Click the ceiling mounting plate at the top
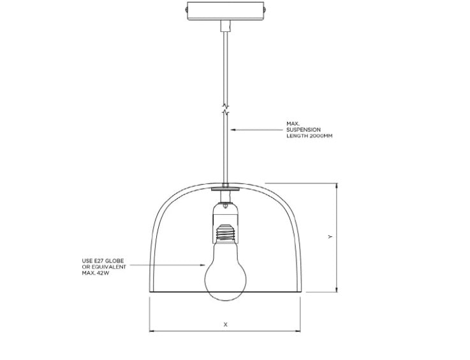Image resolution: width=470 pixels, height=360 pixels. click(x=226, y=11)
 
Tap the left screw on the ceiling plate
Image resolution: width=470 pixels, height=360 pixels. click(x=186, y=10)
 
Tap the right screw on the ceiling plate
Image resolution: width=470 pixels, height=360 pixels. click(x=265, y=10)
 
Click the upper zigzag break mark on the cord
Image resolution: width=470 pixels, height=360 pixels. click(x=225, y=106)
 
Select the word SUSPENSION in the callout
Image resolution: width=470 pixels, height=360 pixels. click(x=304, y=130)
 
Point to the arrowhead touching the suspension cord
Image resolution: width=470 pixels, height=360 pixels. click(x=233, y=130)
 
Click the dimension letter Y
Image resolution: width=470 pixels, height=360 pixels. click(x=330, y=236)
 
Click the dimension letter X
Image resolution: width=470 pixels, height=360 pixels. click(x=226, y=324)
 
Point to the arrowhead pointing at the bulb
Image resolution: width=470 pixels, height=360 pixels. click(x=203, y=265)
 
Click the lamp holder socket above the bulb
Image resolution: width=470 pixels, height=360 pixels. click(x=225, y=222)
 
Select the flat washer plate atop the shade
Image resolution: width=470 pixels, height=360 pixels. click(x=225, y=189)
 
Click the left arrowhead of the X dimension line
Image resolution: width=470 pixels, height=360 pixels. click(x=151, y=331)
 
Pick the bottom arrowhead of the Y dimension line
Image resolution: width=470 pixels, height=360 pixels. click(x=337, y=290)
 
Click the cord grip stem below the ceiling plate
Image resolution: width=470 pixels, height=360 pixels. click(x=225, y=25)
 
